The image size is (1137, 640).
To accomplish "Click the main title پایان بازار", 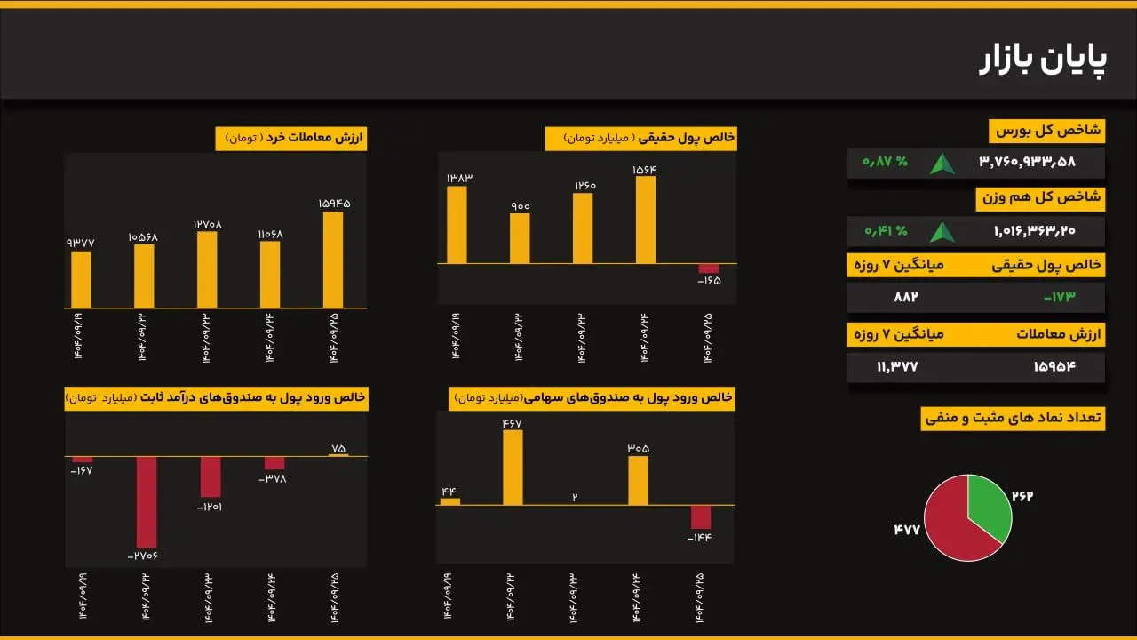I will [1043, 60].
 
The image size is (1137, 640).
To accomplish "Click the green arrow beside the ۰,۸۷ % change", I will [942, 164].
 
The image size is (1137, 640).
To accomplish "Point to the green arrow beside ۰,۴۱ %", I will [942, 232].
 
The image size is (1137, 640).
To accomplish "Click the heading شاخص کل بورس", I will [1046, 131].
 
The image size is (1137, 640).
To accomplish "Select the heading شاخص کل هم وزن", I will [1039, 198].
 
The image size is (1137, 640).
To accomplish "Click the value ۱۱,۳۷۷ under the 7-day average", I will [896, 366].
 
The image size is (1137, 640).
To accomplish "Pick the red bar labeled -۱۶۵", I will [708, 268].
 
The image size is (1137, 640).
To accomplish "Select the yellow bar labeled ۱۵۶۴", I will [646, 220].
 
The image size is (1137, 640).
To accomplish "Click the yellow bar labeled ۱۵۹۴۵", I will [333, 260].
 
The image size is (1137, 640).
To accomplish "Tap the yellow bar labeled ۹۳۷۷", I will [81, 279].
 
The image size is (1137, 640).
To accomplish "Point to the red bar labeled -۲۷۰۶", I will [147, 501].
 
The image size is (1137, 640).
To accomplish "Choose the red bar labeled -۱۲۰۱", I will [211, 477].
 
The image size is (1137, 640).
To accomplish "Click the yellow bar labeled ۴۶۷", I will [513, 468].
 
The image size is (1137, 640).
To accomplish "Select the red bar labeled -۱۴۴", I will [701, 517].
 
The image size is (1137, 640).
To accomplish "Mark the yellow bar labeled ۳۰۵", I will [638, 481].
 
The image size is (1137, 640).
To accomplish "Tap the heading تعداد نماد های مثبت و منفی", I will [1013, 418].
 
